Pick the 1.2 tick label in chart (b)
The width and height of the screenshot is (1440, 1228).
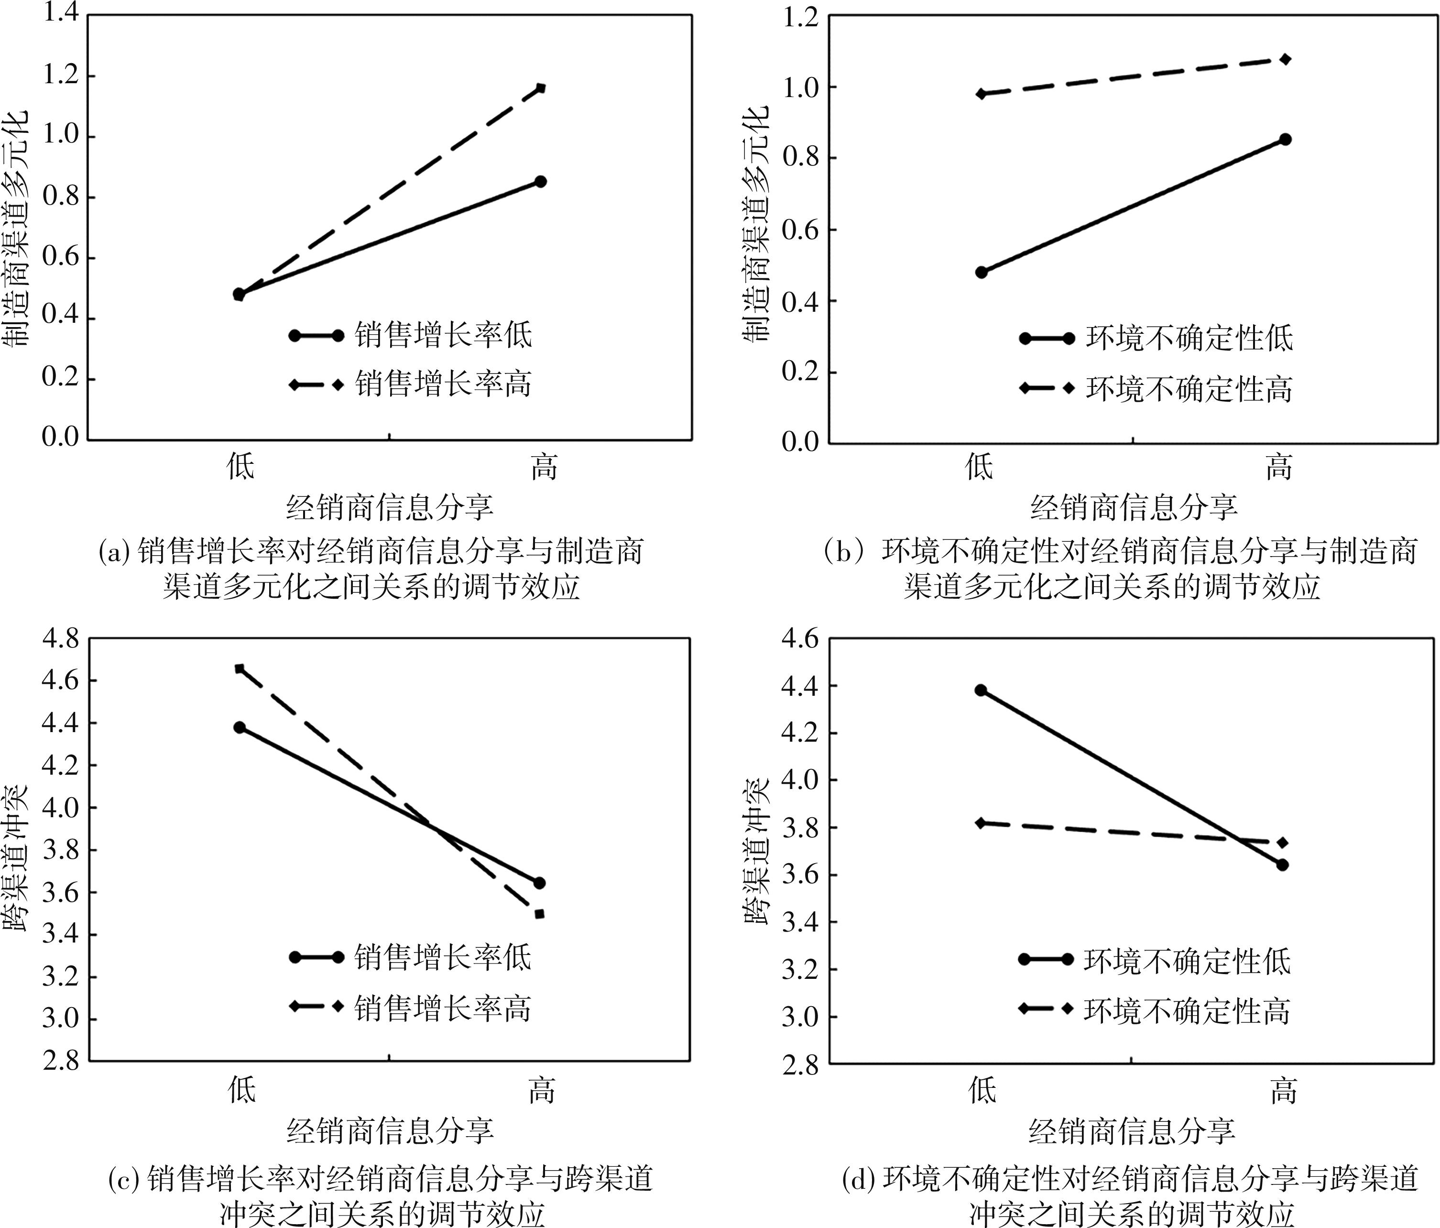(x=801, y=17)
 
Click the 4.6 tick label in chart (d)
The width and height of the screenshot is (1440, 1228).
(x=801, y=638)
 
